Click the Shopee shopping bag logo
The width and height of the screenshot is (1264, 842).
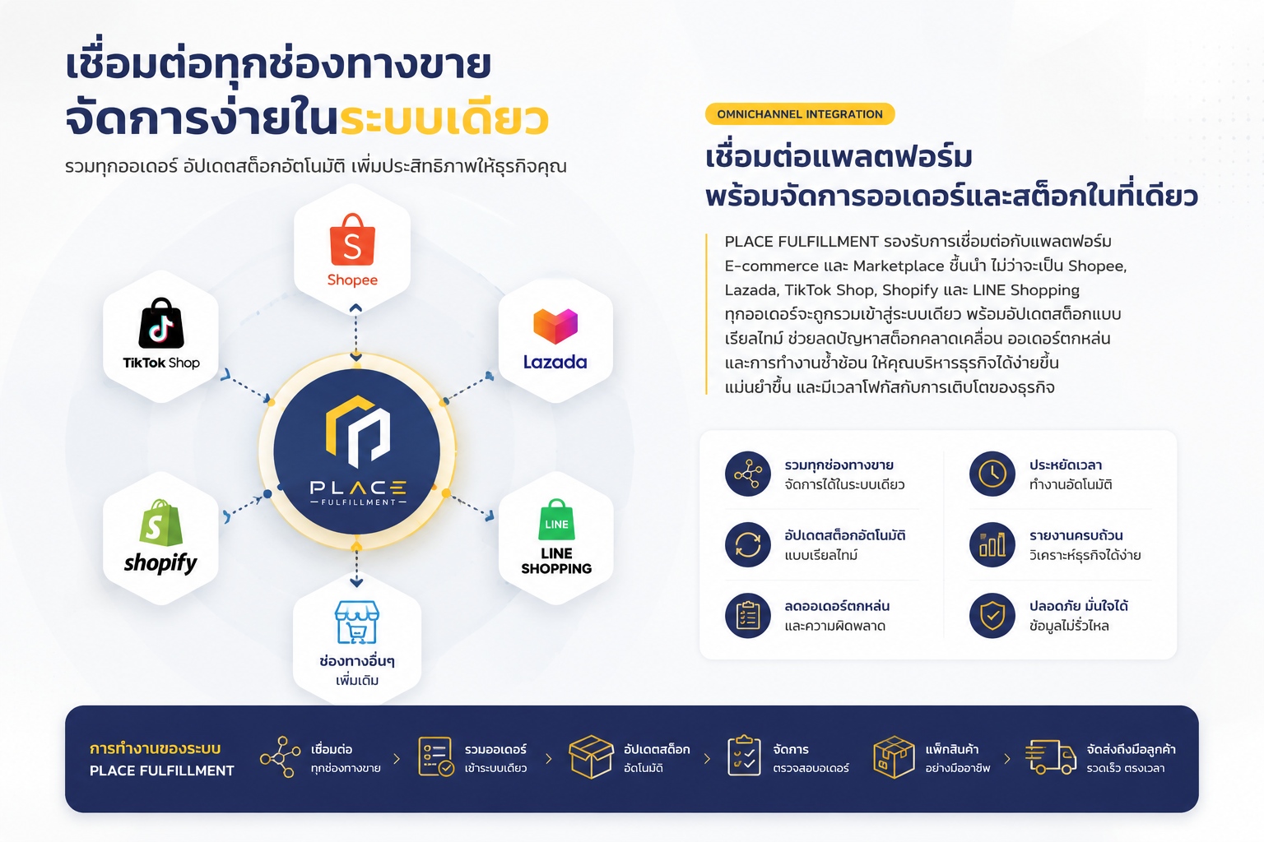[x=352, y=239]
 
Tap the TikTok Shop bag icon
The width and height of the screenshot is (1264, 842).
[x=161, y=323]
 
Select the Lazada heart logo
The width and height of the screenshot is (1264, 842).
[x=555, y=326]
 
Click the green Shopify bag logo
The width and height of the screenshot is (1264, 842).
[x=161, y=523]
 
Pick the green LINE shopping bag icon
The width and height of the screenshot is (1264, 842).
[x=556, y=520]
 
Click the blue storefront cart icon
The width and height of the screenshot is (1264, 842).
[x=356, y=622]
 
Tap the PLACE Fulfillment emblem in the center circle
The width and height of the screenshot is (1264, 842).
[x=358, y=432]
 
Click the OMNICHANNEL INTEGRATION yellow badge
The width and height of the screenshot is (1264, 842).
[x=800, y=114]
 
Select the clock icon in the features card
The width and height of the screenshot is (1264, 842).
[x=992, y=474]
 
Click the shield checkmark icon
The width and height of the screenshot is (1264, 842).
[x=992, y=615]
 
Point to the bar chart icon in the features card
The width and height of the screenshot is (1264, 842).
[x=992, y=545]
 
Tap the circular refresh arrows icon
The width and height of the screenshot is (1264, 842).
[x=748, y=545]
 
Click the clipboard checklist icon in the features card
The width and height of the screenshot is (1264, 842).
[x=748, y=615]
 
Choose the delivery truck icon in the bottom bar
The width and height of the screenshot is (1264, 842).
[x=1050, y=756]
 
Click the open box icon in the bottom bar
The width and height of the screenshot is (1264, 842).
[x=591, y=756]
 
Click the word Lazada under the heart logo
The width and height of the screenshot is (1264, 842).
[x=555, y=362]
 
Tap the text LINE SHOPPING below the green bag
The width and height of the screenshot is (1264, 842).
[x=556, y=561]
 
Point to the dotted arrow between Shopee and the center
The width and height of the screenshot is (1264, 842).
[x=355, y=333]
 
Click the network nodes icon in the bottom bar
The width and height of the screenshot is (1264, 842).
[x=280, y=756]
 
